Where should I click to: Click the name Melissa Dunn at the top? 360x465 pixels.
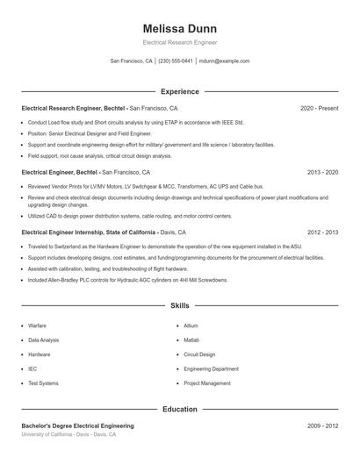[179, 27]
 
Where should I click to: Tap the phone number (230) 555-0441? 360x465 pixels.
[176, 61]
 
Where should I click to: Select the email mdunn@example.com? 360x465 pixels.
[224, 61]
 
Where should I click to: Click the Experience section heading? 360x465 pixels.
[179, 91]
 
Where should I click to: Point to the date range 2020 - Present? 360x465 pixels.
[319, 108]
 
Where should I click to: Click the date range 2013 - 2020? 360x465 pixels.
[322, 173]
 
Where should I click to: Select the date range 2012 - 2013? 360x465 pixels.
[322, 232]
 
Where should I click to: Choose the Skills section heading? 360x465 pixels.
[179, 305]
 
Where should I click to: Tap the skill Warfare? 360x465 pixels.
[37, 325]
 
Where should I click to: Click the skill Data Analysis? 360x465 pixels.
[44, 340]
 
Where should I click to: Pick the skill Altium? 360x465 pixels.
[191, 325]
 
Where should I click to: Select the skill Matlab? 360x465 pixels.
[191, 340]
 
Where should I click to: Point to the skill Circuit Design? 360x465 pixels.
[199, 354]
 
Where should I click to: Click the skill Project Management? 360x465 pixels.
[207, 383]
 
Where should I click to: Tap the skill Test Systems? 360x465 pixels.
[43, 383]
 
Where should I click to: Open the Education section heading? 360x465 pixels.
[179, 409]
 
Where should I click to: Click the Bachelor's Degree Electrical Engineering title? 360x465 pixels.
[78, 426]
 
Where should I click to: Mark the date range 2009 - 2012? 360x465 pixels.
[322, 426]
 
